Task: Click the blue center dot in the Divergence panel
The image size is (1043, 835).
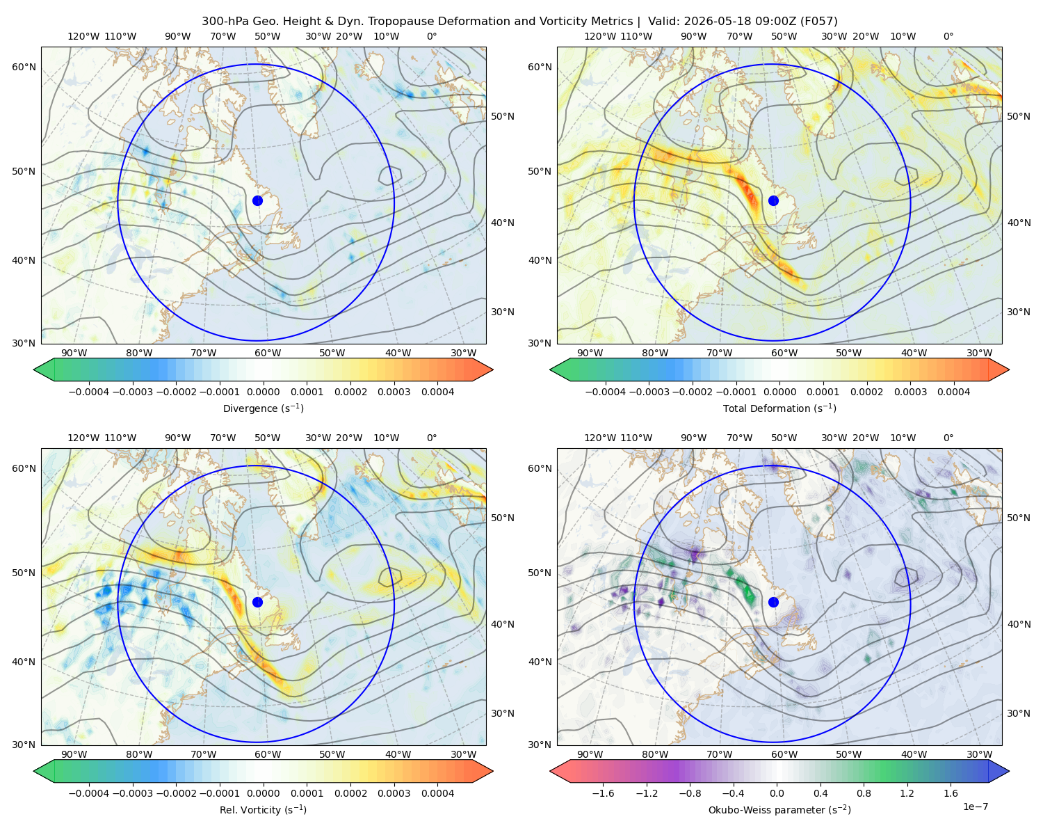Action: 257,200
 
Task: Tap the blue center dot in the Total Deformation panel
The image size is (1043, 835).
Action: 773,200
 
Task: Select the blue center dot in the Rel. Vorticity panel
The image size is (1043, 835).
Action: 257,602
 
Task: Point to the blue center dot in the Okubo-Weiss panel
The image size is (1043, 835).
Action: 773,602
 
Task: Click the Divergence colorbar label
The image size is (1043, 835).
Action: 263,408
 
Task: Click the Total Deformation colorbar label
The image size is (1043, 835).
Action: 779,408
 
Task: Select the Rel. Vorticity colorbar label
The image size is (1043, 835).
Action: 263,810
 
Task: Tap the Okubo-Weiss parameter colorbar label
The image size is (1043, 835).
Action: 779,810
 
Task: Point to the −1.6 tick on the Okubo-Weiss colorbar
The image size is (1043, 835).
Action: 603,793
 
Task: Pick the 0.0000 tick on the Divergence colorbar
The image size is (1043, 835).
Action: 263,392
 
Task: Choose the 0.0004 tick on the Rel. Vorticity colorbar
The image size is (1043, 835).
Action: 437,793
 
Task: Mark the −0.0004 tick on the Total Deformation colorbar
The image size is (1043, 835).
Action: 606,392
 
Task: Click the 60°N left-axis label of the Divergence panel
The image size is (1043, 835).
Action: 24,67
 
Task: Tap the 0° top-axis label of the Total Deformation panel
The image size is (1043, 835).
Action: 948,36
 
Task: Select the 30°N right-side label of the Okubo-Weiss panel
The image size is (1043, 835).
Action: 1019,713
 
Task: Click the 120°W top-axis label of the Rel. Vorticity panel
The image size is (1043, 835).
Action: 83,438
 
